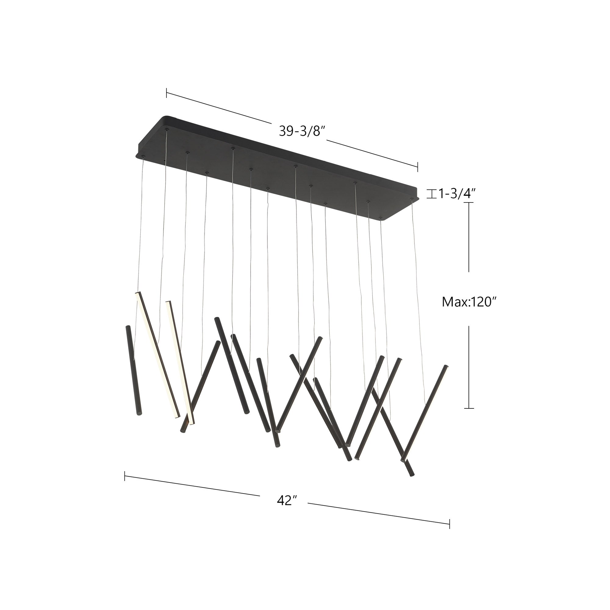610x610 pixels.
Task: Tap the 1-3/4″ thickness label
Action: pos(456,194)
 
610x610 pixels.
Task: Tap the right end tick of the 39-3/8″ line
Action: pos(418,167)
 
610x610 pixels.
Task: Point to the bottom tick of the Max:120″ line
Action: pos(469,408)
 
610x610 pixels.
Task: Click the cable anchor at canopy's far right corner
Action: pos(411,199)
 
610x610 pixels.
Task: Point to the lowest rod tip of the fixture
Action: pos(411,483)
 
